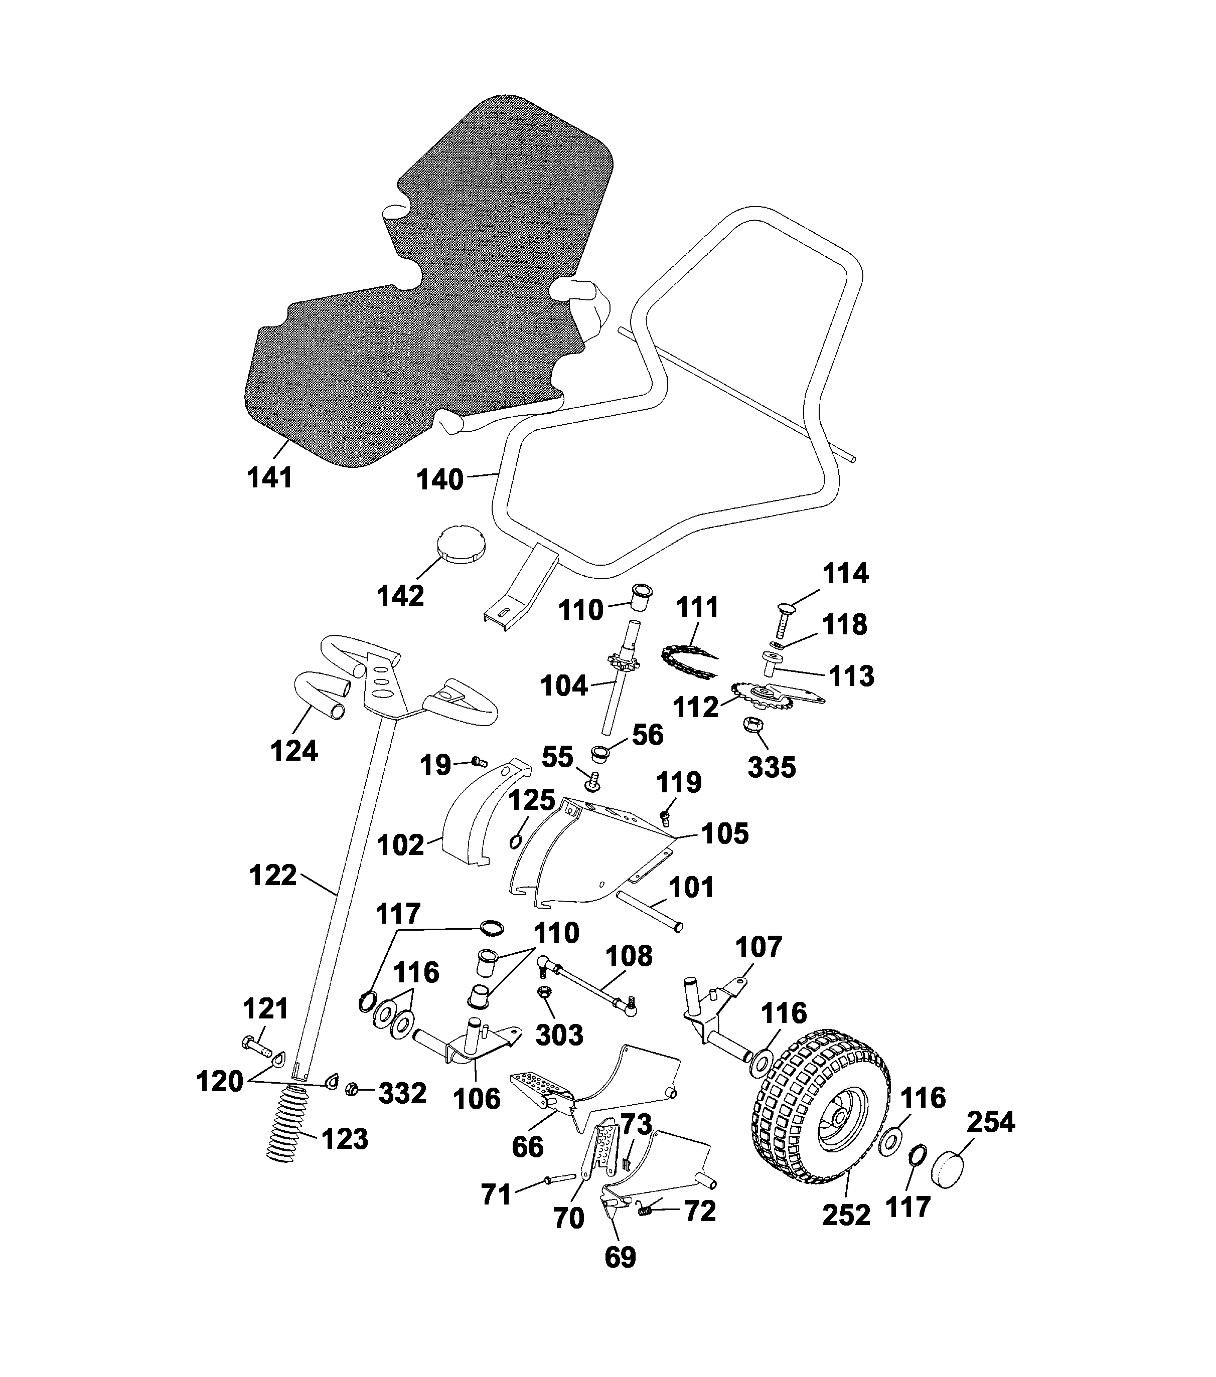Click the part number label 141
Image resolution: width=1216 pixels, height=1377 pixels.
click(x=269, y=478)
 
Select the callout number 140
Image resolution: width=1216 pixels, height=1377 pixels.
click(x=439, y=480)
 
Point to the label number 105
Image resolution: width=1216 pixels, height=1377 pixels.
click(x=724, y=834)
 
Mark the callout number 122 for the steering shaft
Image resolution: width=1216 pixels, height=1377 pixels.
click(x=273, y=875)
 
